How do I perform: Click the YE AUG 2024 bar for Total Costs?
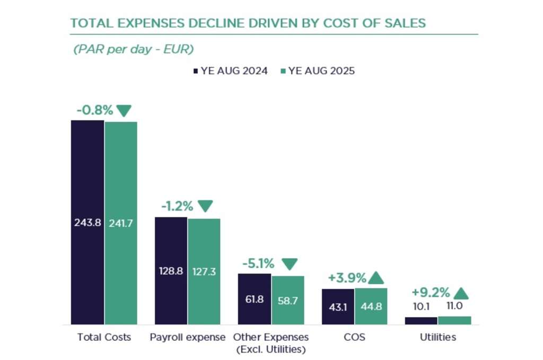tap(87, 222)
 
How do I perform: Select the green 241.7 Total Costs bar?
tap(121, 223)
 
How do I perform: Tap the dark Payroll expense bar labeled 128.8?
tap(171, 270)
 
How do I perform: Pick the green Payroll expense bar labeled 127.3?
tap(204, 271)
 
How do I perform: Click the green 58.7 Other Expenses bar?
tap(288, 300)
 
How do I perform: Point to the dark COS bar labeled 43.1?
tap(338, 306)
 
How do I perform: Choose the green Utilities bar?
tap(454, 320)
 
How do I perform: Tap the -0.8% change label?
tap(95, 110)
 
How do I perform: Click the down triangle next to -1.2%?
tap(205, 206)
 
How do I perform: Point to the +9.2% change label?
tap(431, 293)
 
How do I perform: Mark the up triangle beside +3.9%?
tap(376, 278)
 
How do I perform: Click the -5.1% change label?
tap(258, 264)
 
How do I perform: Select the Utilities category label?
tap(438, 337)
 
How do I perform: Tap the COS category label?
tap(354, 337)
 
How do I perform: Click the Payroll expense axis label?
tap(188, 337)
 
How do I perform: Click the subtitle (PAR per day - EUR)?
tap(134, 49)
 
